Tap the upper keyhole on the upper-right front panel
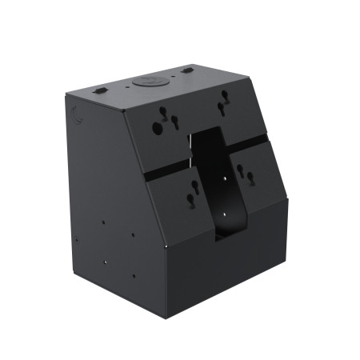pos(223,102)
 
